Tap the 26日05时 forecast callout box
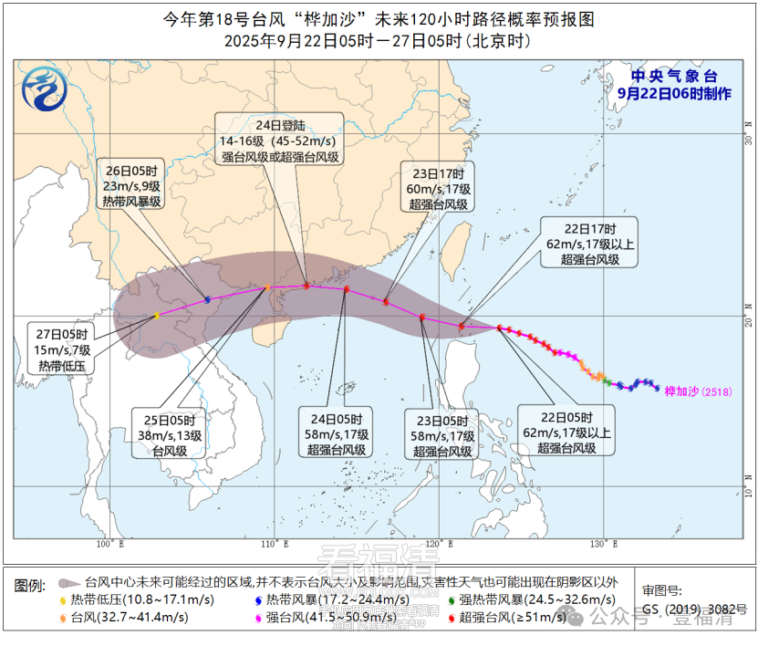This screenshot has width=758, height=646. coord(130,186)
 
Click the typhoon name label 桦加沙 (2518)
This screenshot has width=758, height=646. coord(697,391)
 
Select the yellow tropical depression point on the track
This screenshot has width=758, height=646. coord(157,316)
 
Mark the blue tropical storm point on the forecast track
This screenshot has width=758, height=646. coord(208,299)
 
